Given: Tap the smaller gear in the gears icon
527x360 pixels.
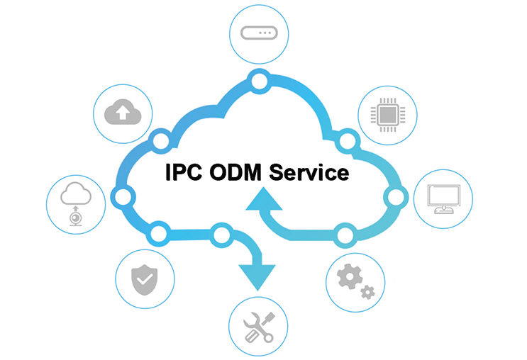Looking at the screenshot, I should pyautogui.click(x=367, y=291).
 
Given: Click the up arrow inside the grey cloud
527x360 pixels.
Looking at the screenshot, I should pyautogui.click(x=123, y=111).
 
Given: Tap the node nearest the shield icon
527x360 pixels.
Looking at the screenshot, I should pyautogui.click(x=159, y=232).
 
